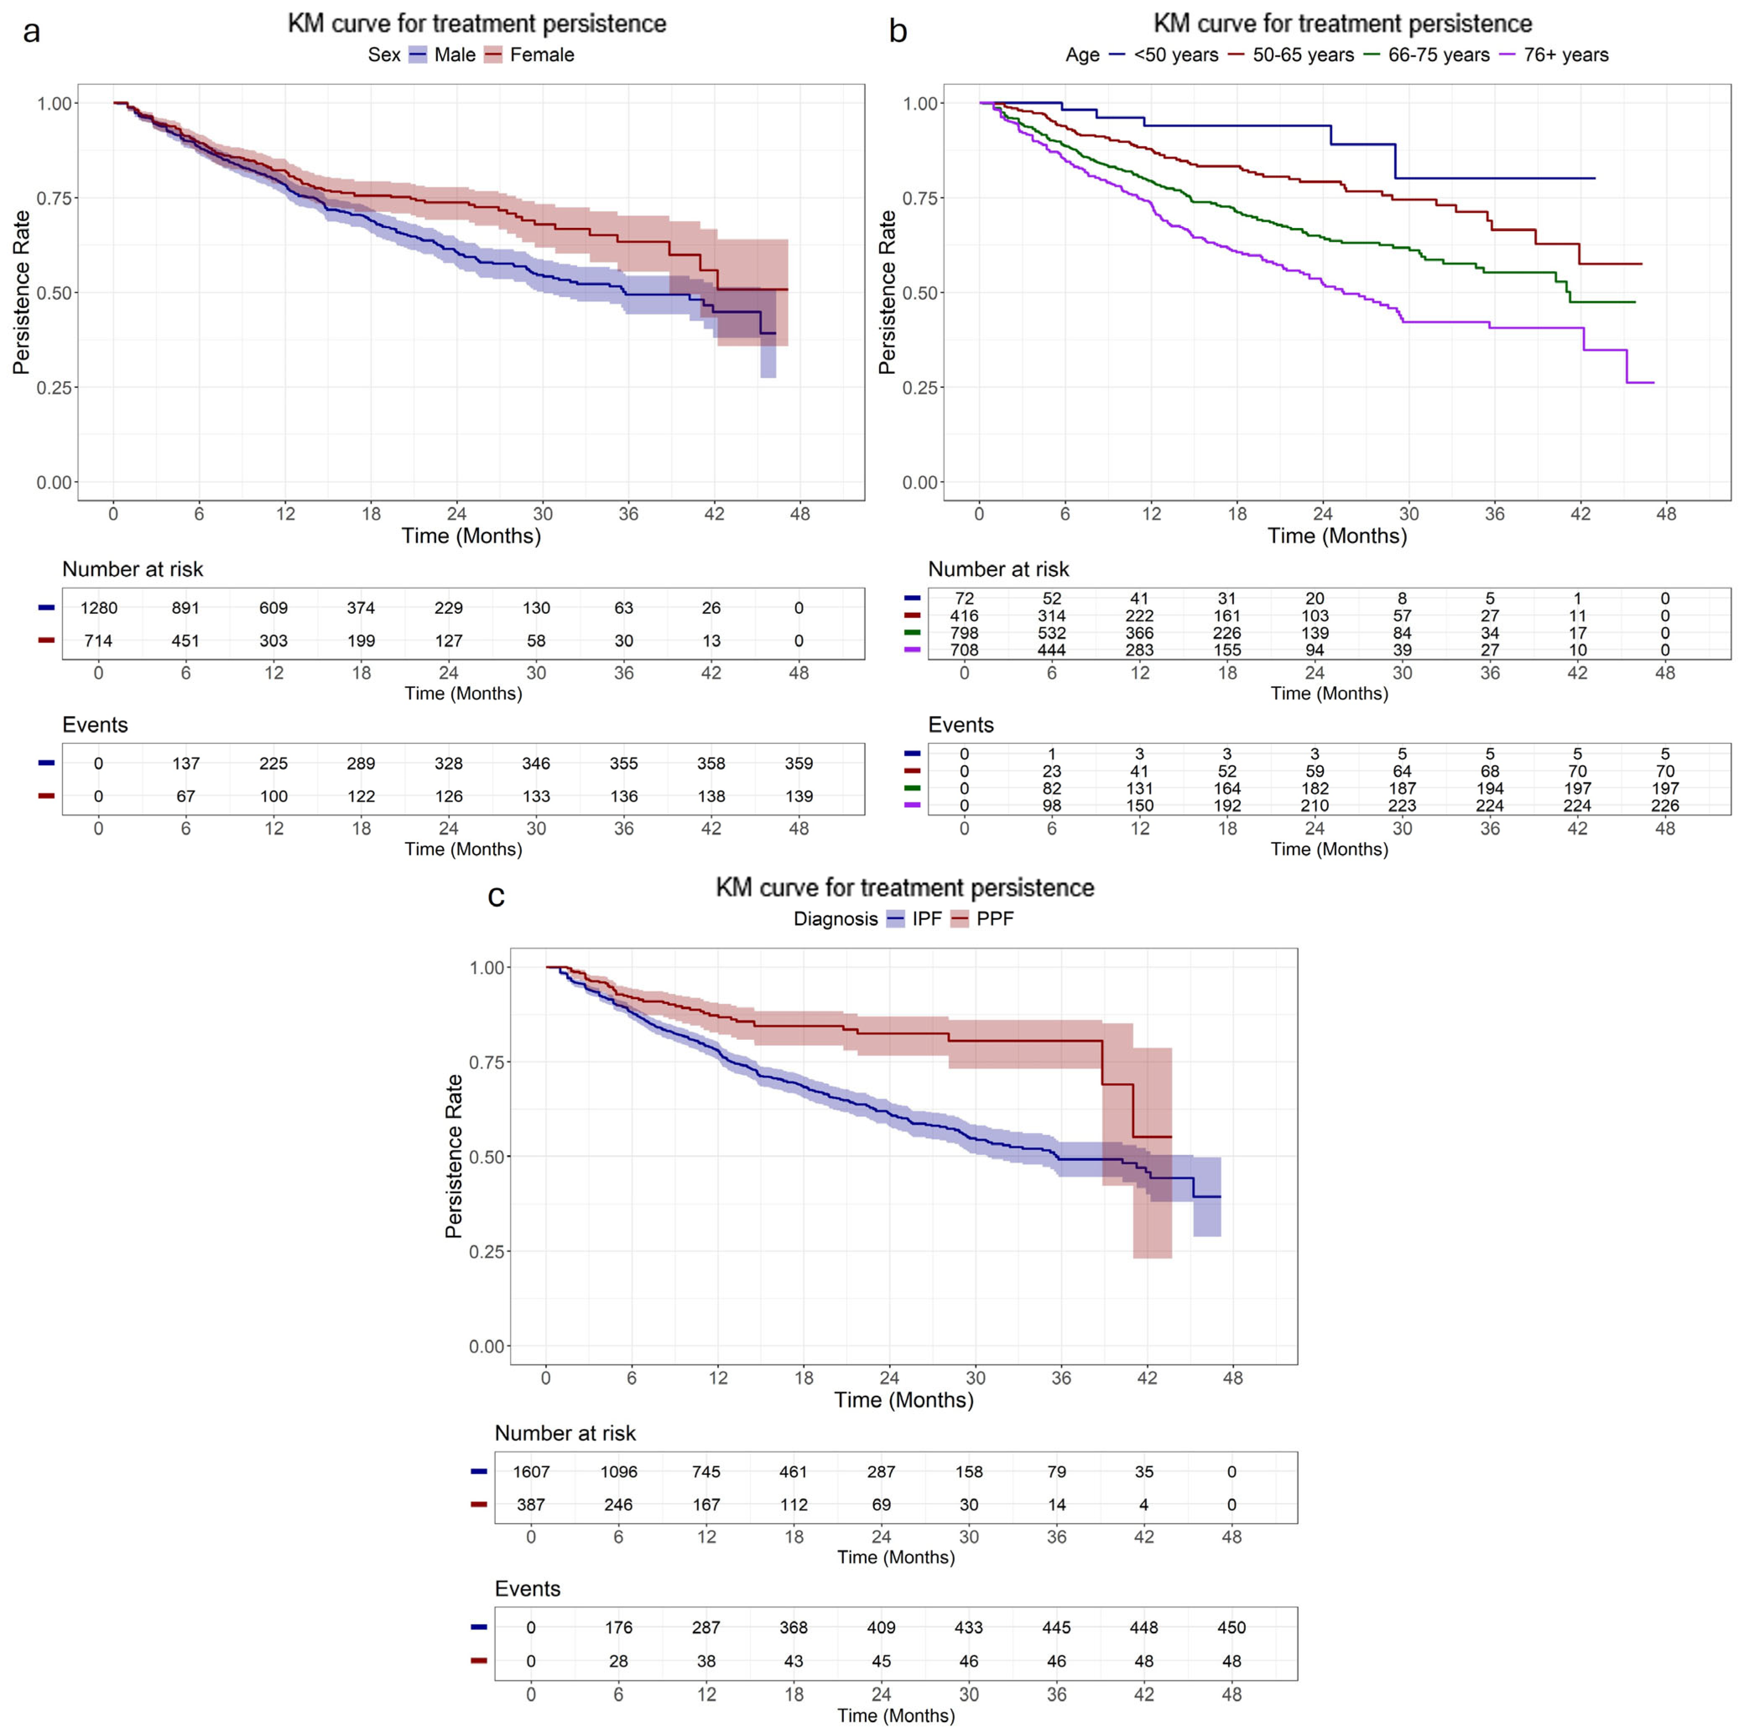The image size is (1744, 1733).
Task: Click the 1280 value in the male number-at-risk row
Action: pyautogui.click(x=98, y=607)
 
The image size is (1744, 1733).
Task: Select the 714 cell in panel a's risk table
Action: pyautogui.click(x=98, y=641)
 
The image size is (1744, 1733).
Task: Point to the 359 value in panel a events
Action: pyautogui.click(x=799, y=764)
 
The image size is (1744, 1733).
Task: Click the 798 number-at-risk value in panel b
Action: pyautogui.click(x=964, y=633)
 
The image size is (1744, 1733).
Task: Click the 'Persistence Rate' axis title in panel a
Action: pyautogui.click(x=22, y=292)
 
